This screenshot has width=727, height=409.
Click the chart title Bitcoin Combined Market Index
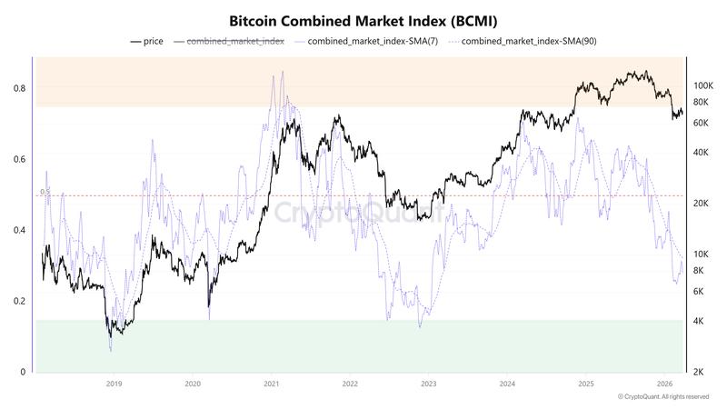point(363,20)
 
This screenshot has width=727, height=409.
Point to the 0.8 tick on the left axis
point(19,88)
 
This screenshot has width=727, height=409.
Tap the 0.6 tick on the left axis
point(19,159)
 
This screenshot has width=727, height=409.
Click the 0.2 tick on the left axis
point(19,301)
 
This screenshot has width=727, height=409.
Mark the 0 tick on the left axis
point(23,372)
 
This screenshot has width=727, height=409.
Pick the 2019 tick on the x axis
point(114,384)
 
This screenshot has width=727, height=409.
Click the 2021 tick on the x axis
point(271,384)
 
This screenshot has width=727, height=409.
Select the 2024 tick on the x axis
point(507,384)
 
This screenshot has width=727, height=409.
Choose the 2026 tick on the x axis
point(664,384)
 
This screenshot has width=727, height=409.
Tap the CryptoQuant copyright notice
point(662,397)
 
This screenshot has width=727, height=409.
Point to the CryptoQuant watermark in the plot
point(359,214)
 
